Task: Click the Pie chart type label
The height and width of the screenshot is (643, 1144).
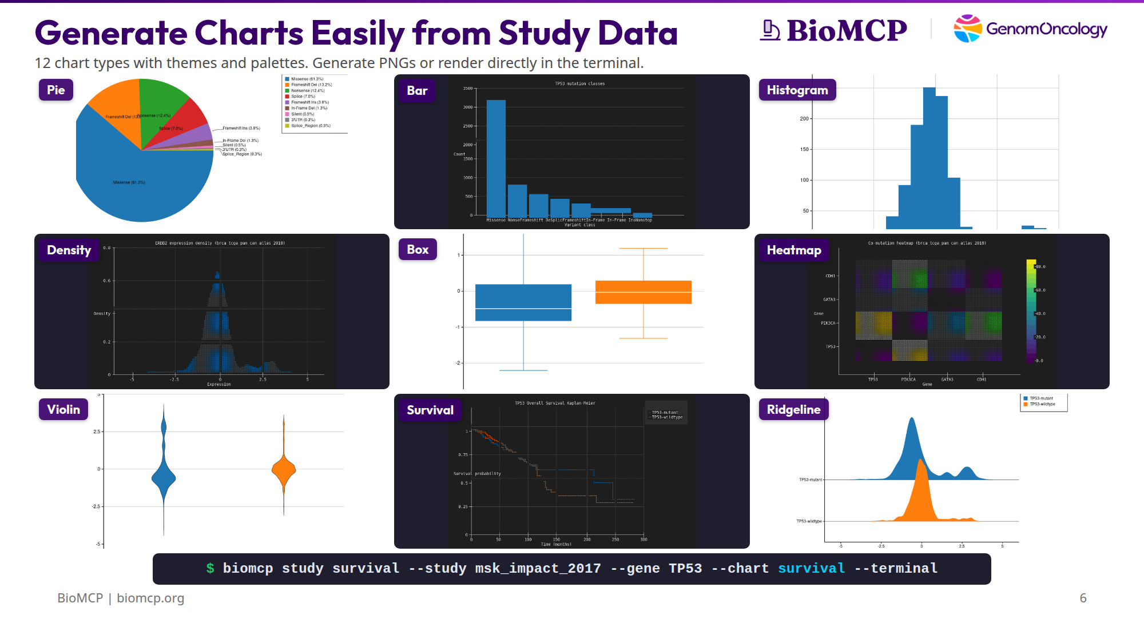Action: click(56, 90)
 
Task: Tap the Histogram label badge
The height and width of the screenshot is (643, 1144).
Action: click(797, 90)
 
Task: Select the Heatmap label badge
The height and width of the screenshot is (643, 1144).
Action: click(793, 250)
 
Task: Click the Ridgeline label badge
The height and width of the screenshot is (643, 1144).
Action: click(793, 409)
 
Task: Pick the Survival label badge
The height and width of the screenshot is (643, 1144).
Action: click(430, 410)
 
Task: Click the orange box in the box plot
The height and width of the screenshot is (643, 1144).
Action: click(643, 292)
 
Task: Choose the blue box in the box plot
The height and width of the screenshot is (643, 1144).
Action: click(523, 302)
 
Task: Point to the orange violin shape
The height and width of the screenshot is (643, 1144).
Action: click(284, 470)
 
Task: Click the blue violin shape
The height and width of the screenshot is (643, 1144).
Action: click(164, 477)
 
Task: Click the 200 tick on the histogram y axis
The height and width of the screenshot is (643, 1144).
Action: click(804, 119)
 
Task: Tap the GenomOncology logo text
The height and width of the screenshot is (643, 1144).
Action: click(1046, 29)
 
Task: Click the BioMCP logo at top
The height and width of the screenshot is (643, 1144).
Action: click(835, 30)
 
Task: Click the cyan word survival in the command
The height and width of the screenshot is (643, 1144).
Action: click(811, 568)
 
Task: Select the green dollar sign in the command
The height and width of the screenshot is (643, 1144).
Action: click(210, 568)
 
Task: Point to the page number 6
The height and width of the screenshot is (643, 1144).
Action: click(1083, 598)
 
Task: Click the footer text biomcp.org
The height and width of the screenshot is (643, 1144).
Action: click(150, 598)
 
